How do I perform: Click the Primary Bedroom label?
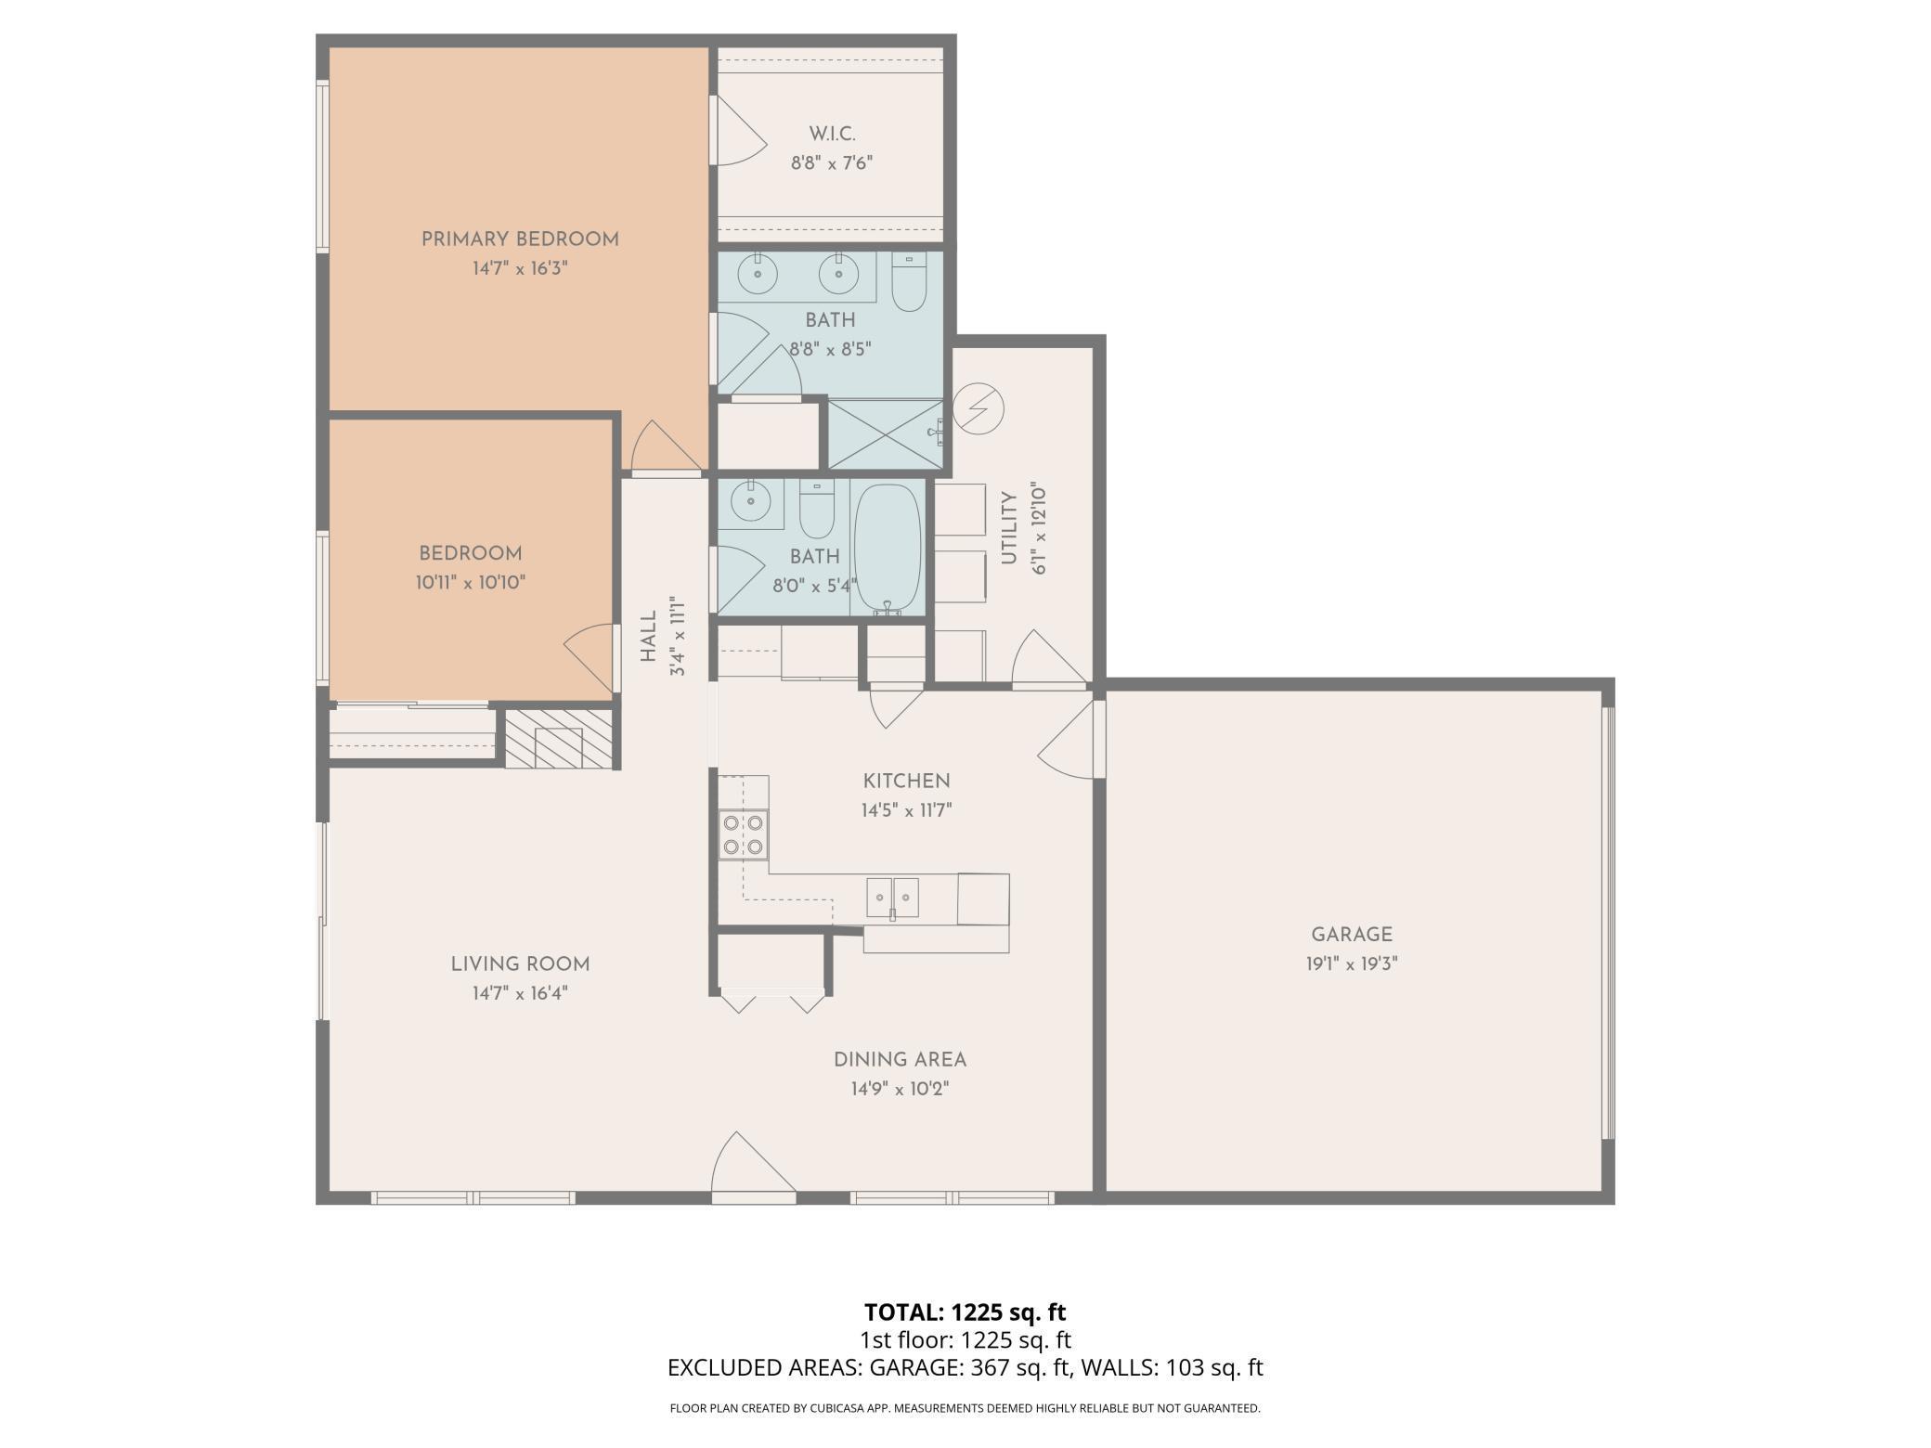point(520,239)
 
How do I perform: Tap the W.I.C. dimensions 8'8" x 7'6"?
point(832,163)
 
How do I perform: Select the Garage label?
point(1352,935)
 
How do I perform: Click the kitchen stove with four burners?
point(743,834)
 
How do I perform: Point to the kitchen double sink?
point(892,898)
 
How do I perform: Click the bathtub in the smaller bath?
point(888,549)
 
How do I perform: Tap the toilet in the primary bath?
point(909,281)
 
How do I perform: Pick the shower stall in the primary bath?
point(885,434)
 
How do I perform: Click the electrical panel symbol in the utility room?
point(978,408)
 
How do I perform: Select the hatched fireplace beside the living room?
point(559,739)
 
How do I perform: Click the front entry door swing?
point(753,1162)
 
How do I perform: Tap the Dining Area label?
point(900,1059)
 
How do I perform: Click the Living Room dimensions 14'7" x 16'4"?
point(520,993)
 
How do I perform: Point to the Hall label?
point(648,636)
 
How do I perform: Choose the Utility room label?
point(1009,528)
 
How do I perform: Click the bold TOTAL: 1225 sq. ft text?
point(965,1312)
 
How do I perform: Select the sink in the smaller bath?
point(750,503)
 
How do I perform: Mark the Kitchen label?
point(906,781)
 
